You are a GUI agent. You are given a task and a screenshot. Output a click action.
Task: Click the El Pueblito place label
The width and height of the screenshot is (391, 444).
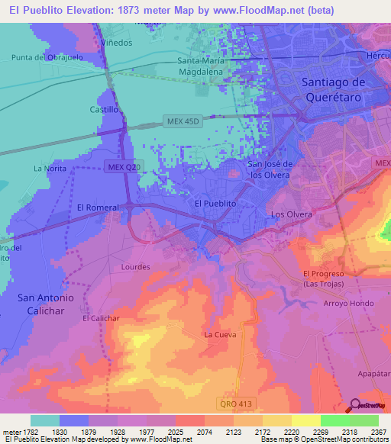pyautogui.click(x=213, y=204)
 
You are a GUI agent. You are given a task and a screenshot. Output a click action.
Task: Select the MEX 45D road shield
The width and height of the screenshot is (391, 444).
pyautogui.click(x=183, y=121)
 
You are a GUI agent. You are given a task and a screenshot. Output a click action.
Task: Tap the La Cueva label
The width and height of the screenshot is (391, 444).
pyautogui.click(x=220, y=334)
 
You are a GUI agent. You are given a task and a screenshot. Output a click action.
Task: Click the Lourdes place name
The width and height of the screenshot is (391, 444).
pyautogui.click(x=136, y=268)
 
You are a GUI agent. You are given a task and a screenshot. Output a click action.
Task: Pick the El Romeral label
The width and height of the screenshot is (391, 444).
pyautogui.click(x=98, y=208)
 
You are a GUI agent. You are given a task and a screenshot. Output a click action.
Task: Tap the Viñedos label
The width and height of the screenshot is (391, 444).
pyautogui.click(x=116, y=43)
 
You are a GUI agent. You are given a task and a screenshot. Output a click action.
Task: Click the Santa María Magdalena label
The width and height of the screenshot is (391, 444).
pyautogui.click(x=205, y=66)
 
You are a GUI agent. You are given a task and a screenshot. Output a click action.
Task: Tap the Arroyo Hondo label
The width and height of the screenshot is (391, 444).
pyautogui.click(x=348, y=303)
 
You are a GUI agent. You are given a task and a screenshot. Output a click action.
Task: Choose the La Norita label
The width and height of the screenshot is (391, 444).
pyautogui.click(x=49, y=168)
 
